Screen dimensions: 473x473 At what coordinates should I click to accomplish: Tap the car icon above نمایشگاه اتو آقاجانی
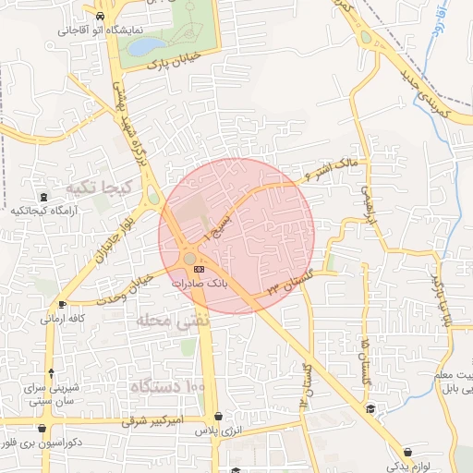tap(99, 16)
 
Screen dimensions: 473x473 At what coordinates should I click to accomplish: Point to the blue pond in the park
tap(144, 45)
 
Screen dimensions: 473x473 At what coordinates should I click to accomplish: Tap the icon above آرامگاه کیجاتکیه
tap(42, 197)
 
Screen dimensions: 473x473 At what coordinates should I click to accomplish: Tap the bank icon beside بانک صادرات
tap(200, 269)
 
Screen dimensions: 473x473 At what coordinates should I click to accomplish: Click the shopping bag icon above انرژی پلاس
tap(218, 417)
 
